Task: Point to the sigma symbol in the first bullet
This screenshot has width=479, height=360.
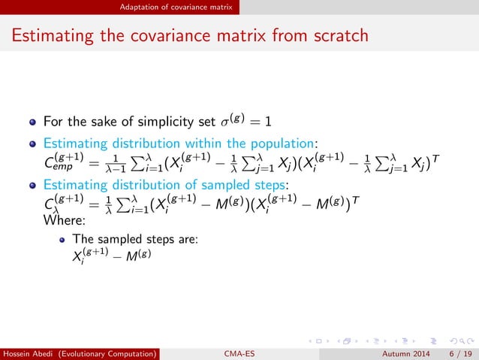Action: [x=224, y=120]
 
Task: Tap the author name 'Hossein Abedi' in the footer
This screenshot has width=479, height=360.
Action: [x=29, y=351]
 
